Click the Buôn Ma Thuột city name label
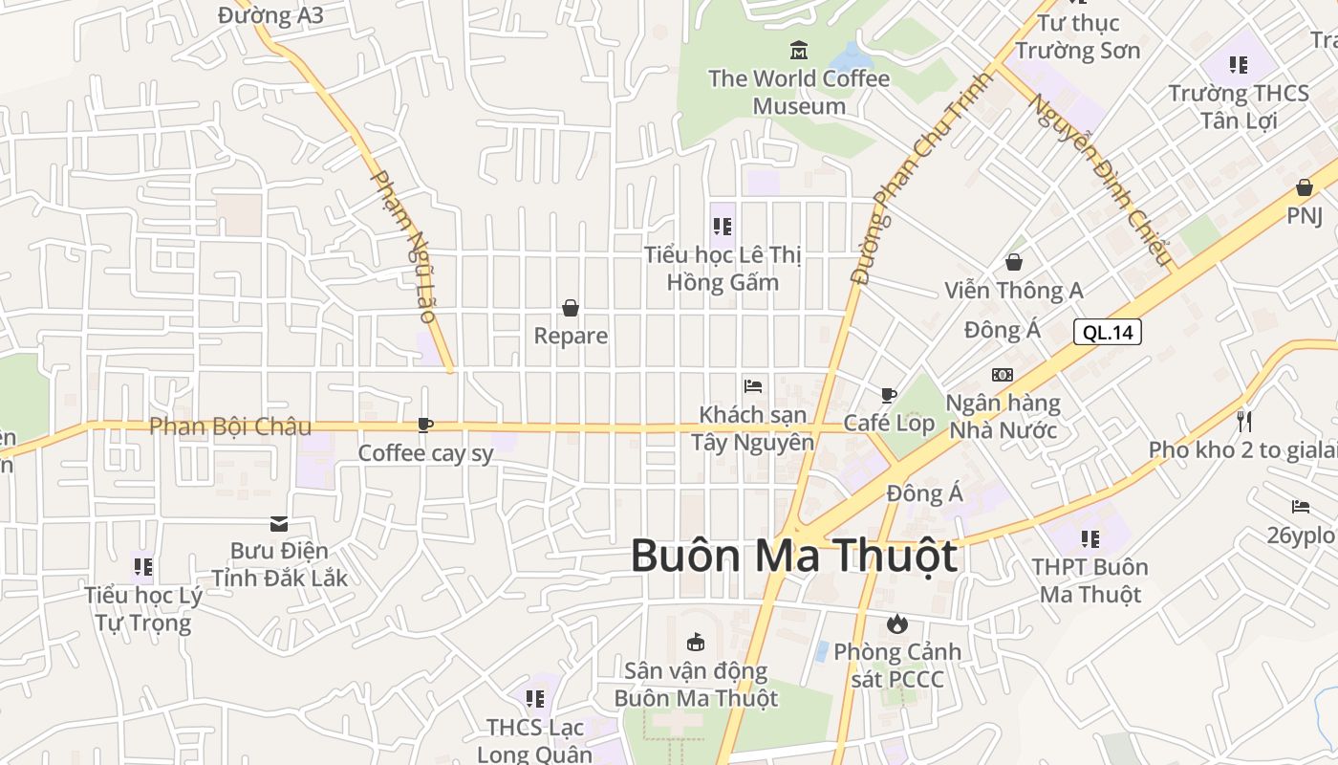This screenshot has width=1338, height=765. [793, 557]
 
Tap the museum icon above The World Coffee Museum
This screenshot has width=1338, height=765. [799, 50]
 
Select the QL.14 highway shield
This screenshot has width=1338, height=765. [1108, 332]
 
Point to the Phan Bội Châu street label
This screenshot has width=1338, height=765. [230, 426]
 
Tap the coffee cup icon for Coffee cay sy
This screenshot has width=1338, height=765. [425, 425]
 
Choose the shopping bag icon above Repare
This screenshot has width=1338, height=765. [571, 308]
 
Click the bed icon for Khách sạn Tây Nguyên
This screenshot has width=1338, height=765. [753, 386]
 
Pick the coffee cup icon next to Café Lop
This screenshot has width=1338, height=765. [889, 395]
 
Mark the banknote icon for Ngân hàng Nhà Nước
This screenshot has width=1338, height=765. [1003, 375]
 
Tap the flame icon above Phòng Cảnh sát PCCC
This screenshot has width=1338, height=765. [896, 624]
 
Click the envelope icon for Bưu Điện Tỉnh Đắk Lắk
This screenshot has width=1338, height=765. [279, 523]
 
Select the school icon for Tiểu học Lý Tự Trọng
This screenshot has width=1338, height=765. [143, 567]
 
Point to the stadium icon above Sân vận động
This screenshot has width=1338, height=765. [696, 642]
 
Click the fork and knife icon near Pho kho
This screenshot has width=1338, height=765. [1243, 421]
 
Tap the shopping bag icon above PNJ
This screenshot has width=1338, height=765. [1304, 187]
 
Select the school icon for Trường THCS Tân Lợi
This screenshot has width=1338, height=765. [1239, 65]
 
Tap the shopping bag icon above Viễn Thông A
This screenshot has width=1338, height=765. [1013, 262]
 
